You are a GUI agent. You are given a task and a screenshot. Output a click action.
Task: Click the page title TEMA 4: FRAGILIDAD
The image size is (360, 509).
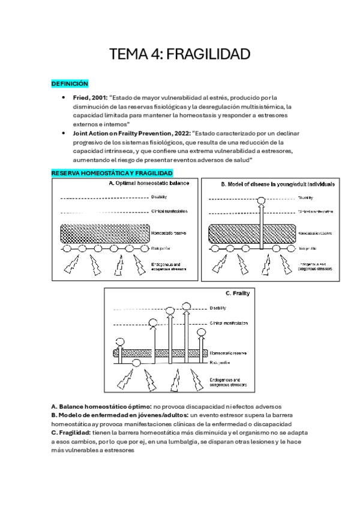click(x=179, y=55)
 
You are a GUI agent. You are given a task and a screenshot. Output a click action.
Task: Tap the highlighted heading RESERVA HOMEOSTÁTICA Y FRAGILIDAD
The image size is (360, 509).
click(x=108, y=173)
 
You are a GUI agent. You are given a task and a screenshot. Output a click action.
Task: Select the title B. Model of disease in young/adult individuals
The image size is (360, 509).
click(x=278, y=184)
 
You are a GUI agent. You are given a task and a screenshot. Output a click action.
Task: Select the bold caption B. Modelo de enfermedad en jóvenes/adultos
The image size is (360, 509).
click(x=119, y=415)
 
